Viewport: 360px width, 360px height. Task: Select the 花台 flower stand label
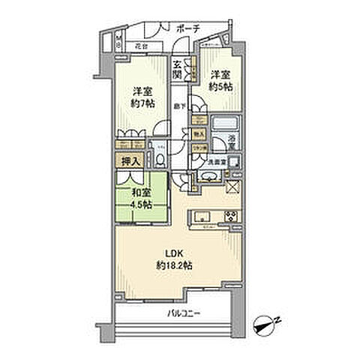coord(139,46)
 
